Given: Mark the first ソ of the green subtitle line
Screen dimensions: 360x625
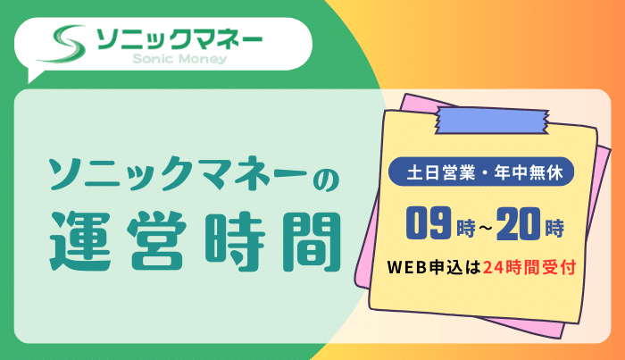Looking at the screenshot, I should pos(62,177).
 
